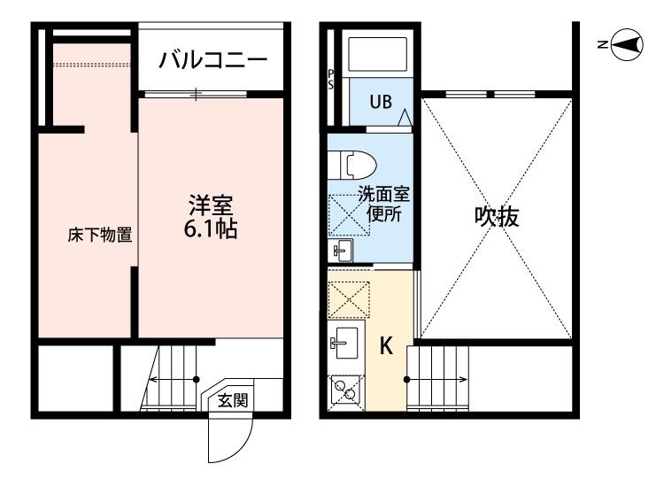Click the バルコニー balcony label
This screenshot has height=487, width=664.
point(213,61)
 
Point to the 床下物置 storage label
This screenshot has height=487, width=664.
point(100,236)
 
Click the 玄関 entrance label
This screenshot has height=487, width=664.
point(234,400)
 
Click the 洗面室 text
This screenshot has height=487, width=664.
point(383,195)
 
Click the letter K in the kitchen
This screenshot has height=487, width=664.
point(386,346)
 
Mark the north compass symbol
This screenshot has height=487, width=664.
point(628,44)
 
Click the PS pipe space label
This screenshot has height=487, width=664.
point(331,79)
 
